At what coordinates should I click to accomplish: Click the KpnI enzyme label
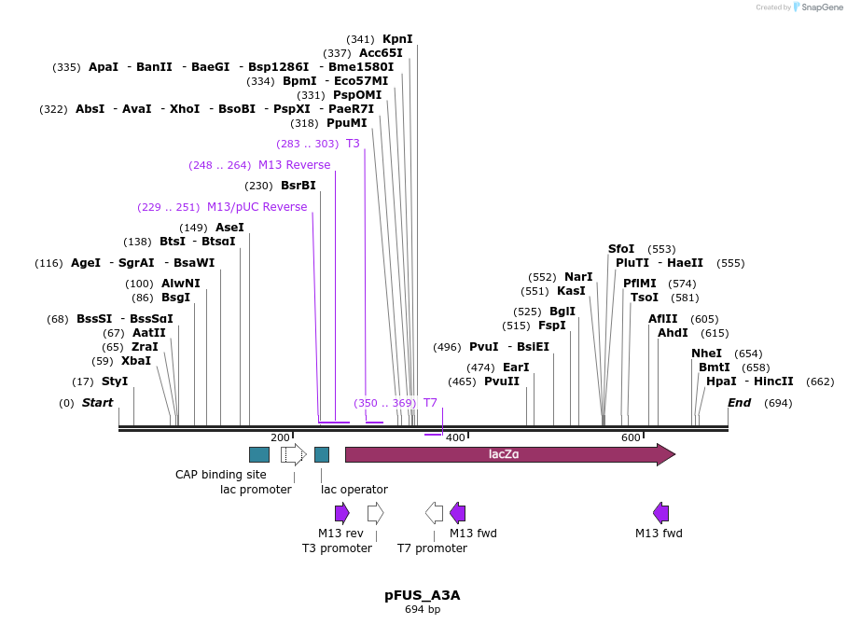pos(397,39)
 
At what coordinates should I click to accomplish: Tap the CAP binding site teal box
pos(259,454)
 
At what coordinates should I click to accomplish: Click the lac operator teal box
pos(322,454)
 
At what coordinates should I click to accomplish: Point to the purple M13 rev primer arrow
pos(342,512)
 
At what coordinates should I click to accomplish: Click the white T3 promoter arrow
pos(375,512)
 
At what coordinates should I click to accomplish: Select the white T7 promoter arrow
pos(434,512)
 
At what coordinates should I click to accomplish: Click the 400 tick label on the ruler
pos(455,437)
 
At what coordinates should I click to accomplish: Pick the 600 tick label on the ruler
pos(631,437)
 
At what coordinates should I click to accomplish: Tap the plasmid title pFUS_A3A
pos(423,594)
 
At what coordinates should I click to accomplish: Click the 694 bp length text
pos(423,610)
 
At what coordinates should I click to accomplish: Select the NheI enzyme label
pos(706,354)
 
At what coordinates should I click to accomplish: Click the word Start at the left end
pos(97,403)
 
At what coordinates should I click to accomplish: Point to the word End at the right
pos(739,403)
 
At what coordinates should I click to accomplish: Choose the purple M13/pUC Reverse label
pos(257,207)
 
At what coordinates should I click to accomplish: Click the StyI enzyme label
pos(115,381)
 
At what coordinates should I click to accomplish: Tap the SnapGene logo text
pos(821,7)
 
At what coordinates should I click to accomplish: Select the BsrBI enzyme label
pos(299,186)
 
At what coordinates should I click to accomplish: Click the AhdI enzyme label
pos(673,333)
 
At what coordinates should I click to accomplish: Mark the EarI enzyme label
pos(515,367)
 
